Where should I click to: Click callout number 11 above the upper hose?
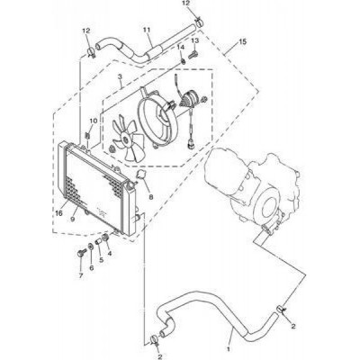(x=147, y=30)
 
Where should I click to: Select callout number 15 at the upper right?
(x=243, y=41)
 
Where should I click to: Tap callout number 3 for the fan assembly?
(x=120, y=76)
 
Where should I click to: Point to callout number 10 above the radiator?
(x=93, y=121)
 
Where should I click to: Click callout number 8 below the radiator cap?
(x=151, y=197)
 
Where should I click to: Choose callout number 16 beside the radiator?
(x=58, y=213)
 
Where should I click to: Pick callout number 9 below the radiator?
(x=72, y=220)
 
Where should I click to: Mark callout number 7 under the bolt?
(x=80, y=275)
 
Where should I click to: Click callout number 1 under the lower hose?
(x=229, y=349)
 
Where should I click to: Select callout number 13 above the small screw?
(x=194, y=40)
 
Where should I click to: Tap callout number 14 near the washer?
(x=180, y=48)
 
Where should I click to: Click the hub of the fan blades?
(x=124, y=139)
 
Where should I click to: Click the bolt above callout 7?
(x=80, y=254)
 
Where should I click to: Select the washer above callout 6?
(x=90, y=247)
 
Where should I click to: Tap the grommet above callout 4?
(x=105, y=238)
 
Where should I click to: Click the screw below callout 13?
(x=193, y=55)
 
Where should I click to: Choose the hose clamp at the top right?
(x=199, y=22)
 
